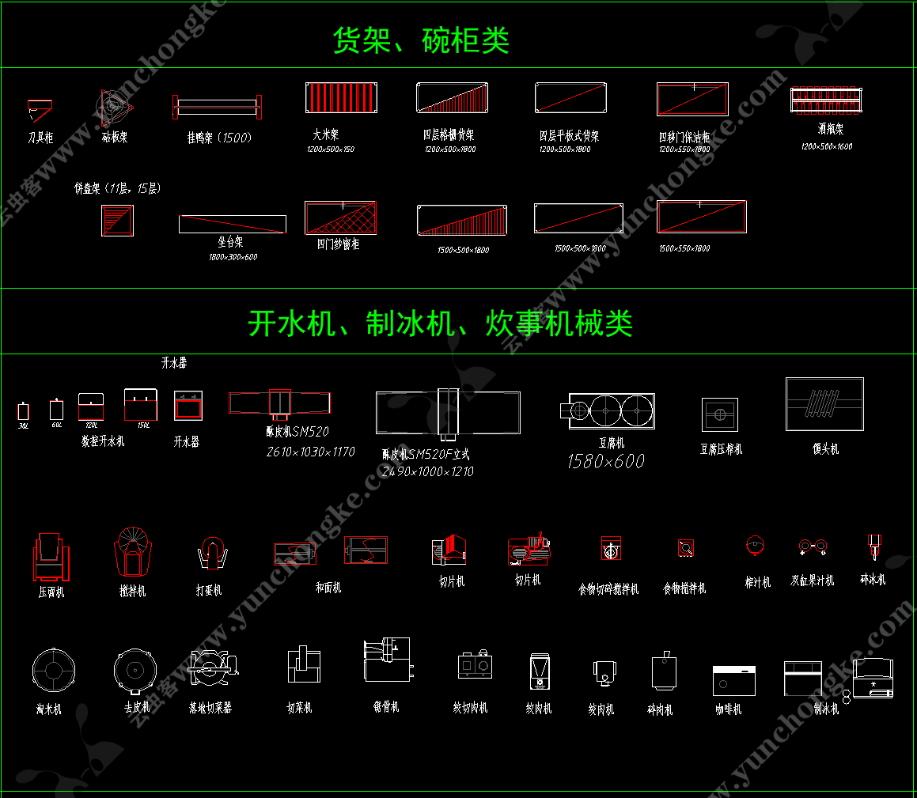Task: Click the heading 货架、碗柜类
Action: (420, 40)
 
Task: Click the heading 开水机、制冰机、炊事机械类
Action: (440, 323)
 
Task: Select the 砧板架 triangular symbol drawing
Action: (115, 104)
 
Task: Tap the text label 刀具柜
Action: (40, 138)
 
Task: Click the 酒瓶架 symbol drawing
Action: (825, 99)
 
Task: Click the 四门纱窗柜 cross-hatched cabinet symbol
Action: (340, 217)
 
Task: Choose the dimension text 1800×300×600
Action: (233, 257)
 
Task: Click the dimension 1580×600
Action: (605, 461)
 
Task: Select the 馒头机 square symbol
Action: (824, 404)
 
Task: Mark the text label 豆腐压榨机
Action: (721, 449)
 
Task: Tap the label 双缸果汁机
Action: (812, 581)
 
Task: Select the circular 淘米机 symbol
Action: (54, 671)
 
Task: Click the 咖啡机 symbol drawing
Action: (733, 681)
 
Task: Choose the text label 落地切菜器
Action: (210, 708)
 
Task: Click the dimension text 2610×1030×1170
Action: (310, 452)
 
